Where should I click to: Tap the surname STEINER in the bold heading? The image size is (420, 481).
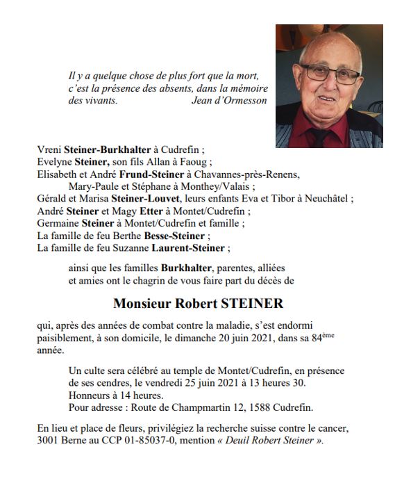coord(255,304)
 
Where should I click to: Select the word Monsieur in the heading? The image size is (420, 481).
coord(142,304)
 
